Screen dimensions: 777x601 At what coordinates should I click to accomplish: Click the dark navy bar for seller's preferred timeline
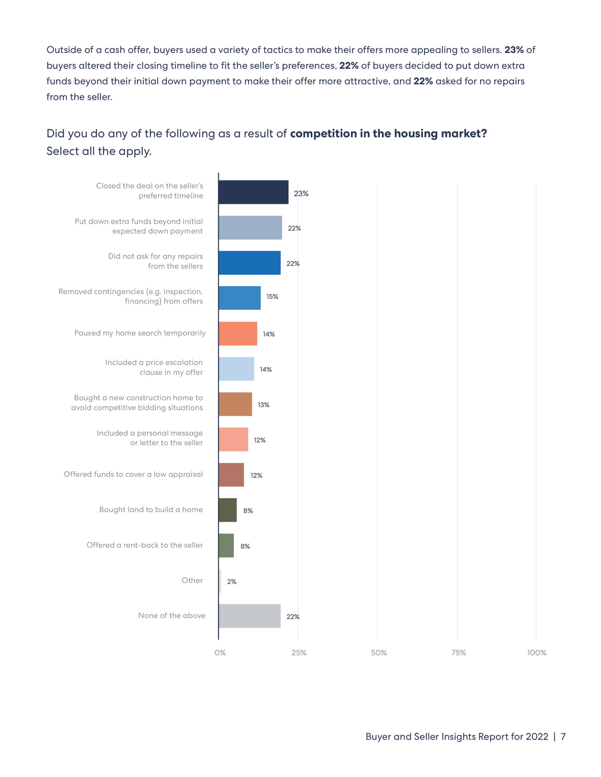click(x=253, y=192)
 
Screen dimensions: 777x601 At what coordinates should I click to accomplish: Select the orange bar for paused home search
click(x=238, y=333)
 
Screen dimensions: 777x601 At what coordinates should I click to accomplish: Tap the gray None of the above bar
click(x=249, y=616)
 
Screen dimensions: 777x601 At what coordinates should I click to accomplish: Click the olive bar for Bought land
click(x=228, y=510)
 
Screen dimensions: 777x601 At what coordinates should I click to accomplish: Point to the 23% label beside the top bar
click(x=301, y=194)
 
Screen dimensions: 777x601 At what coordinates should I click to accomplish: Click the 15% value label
click(x=272, y=296)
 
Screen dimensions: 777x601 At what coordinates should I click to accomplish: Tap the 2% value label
click(x=232, y=581)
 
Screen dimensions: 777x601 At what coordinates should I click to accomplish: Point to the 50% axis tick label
click(x=379, y=653)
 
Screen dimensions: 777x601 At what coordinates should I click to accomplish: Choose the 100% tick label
click(x=537, y=653)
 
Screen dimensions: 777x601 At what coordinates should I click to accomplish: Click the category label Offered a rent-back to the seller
click(x=144, y=545)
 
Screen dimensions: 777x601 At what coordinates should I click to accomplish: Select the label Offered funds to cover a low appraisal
click(x=133, y=474)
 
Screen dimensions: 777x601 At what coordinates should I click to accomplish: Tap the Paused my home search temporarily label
click(x=140, y=333)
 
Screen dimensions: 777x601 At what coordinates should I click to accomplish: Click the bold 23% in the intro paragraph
click(x=514, y=50)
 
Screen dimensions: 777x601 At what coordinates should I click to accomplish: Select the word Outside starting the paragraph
click(x=64, y=50)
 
